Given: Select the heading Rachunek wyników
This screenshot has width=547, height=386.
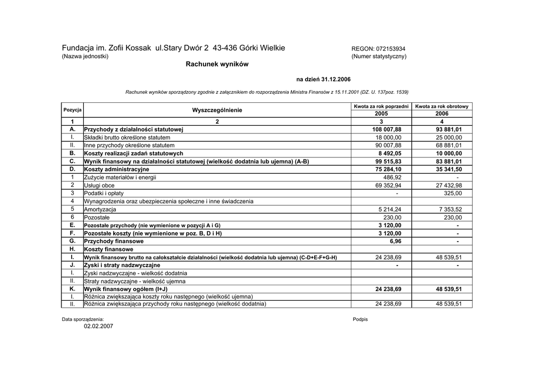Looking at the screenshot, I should pyautogui.click(x=217, y=64).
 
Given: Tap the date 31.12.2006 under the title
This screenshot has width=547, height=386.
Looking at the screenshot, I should pyautogui.click(x=335, y=79).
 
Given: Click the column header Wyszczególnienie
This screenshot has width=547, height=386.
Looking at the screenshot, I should pyautogui.click(x=217, y=110).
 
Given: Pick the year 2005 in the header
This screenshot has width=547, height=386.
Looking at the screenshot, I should pyautogui.click(x=381, y=114).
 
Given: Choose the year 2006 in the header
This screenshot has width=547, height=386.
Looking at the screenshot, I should pyautogui.click(x=442, y=114).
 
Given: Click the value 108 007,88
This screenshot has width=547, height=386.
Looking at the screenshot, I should pyautogui.click(x=387, y=130).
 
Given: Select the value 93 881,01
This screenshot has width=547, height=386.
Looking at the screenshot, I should pyautogui.click(x=449, y=130).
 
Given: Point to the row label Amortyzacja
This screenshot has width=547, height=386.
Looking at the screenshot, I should pyautogui.click(x=100, y=210).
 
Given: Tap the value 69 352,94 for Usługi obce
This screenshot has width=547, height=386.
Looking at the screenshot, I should pyautogui.click(x=388, y=186).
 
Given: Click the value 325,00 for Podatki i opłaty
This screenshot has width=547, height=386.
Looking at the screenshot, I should pyautogui.click(x=452, y=194).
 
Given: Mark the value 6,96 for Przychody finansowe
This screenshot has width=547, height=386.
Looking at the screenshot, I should pyautogui.click(x=395, y=242).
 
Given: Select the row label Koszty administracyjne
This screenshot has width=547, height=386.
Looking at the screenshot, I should pyautogui.click(x=117, y=170).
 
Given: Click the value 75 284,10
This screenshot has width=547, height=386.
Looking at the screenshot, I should pyautogui.click(x=388, y=170).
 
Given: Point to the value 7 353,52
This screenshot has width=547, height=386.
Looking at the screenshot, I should pyautogui.click(x=450, y=210).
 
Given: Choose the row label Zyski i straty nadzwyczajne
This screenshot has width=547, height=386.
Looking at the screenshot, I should pyautogui.click(x=122, y=265).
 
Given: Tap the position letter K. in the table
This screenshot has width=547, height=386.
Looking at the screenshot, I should pyautogui.click(x=72, y=289).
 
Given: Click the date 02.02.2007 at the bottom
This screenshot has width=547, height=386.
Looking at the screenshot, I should pyautogui.click(x=98, y=326).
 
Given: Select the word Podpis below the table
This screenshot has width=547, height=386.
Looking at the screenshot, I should pyautogui.click(x=360, y=319).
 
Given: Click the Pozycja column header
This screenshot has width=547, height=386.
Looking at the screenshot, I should pyautogui.click(x=72, y=110).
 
